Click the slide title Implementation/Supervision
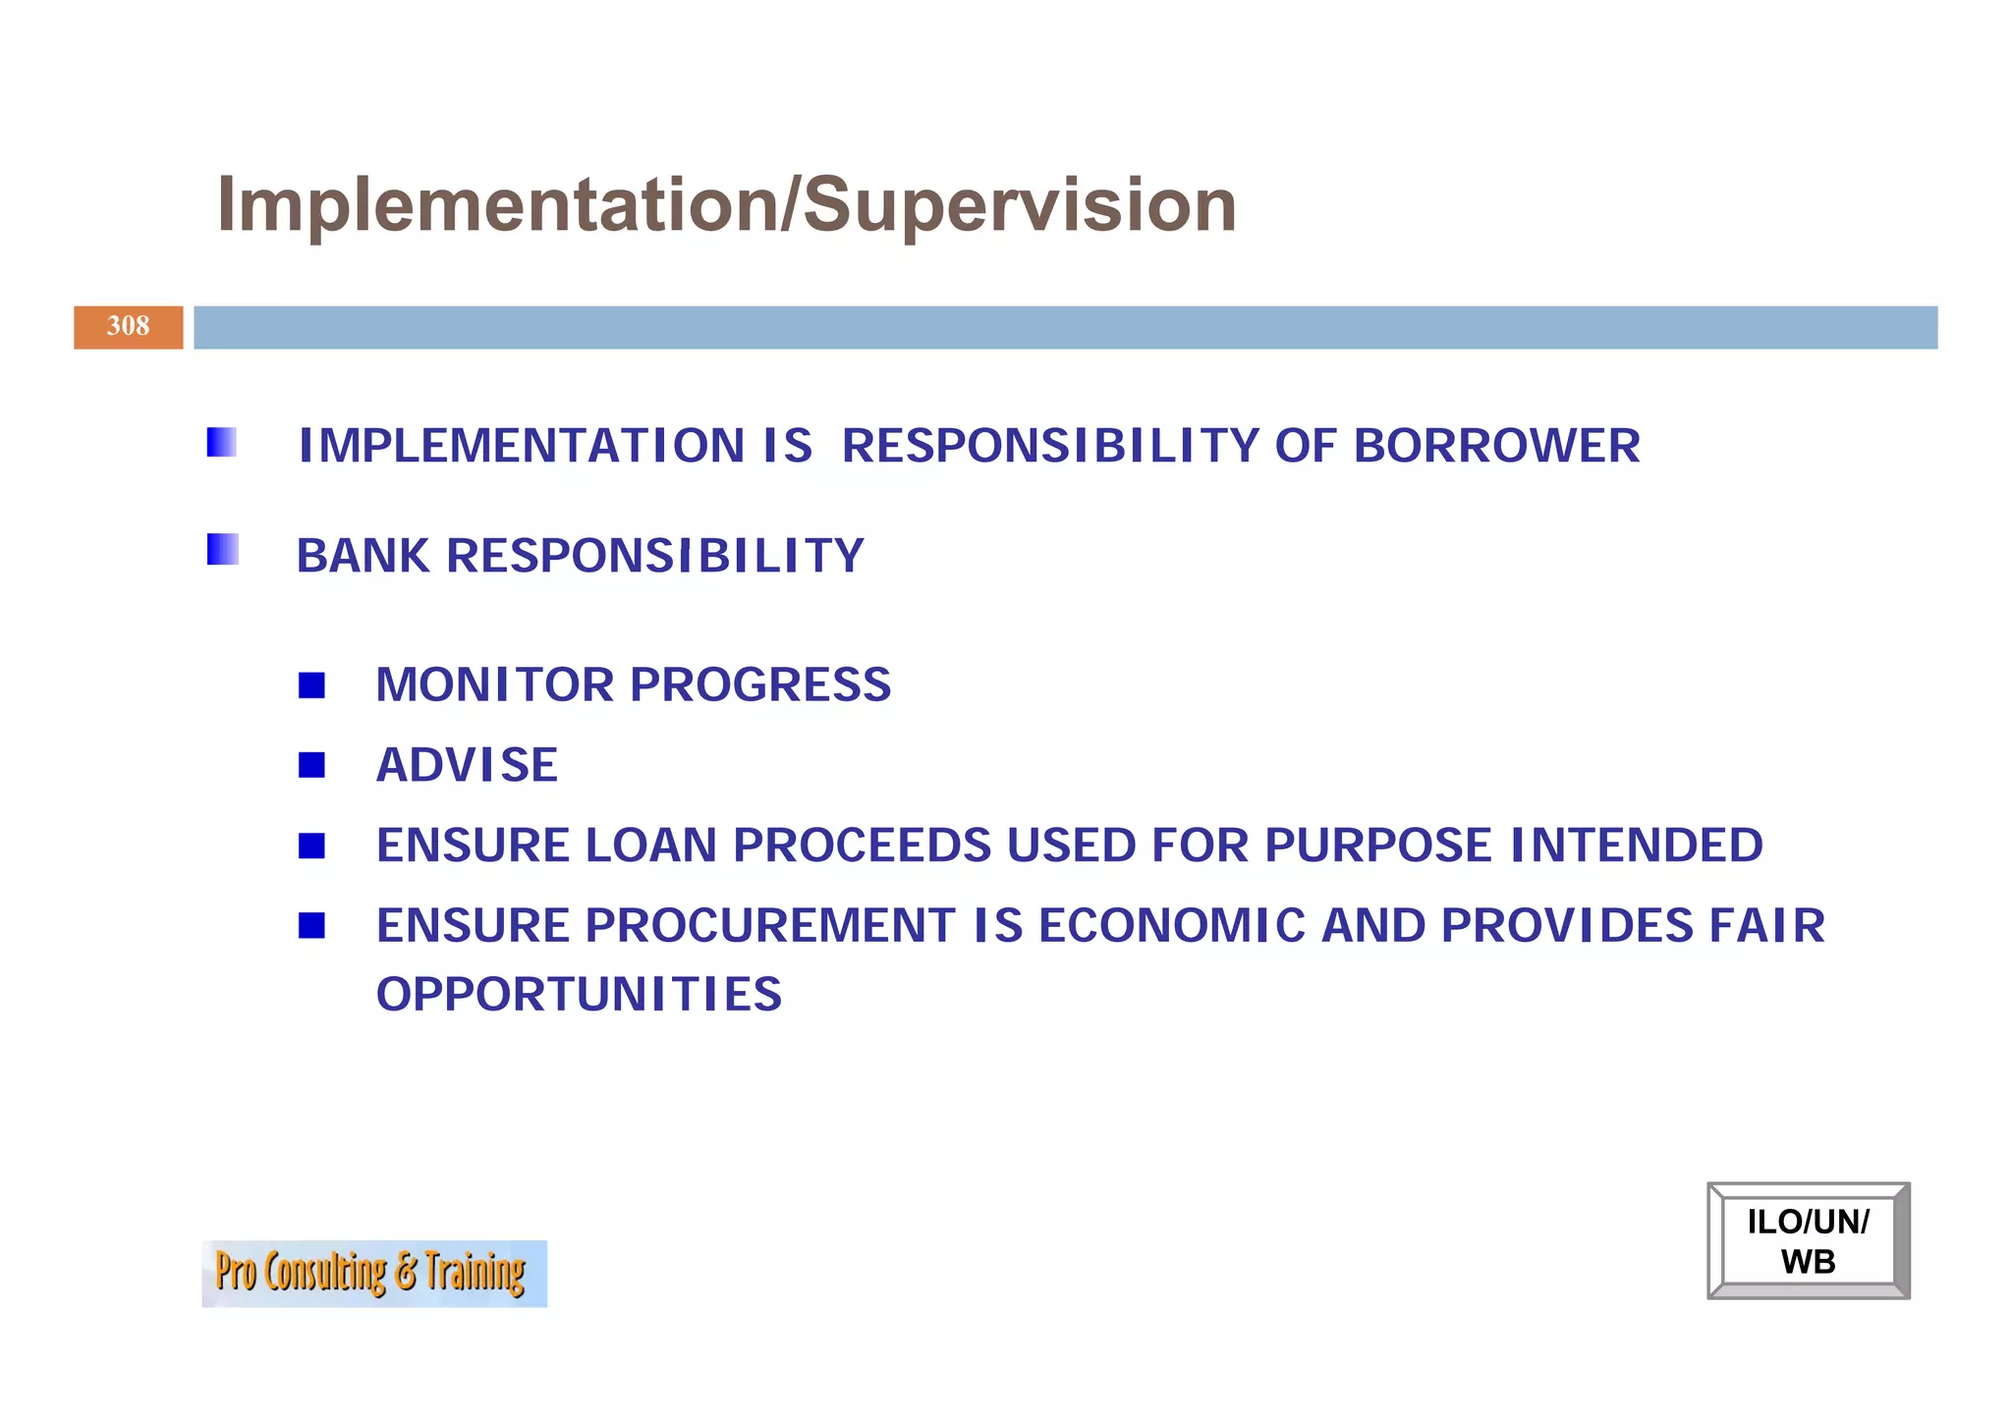(x=726, y=205)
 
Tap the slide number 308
(x=128, y=326)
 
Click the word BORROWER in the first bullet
(x=1496, y=446)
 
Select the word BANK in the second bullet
(x=363, y=556)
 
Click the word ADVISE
(x=467, y=765)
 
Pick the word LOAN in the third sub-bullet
(x=650, y=846)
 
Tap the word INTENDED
(x=1636, y=846)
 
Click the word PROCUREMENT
(x=770, y=926)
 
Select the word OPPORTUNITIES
(x=579, y=995)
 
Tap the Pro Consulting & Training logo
(x=373, y=1273)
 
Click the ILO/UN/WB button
(x=1808, y=1240)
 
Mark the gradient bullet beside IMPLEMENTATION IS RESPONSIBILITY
(x=222, y=443)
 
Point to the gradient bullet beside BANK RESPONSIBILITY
(x=222, y=549)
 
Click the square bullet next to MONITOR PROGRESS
(x=311, y=684)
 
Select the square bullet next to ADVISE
(x=311, y=764)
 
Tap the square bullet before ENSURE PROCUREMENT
(x=311, y=925)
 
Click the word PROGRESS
(x=759, y=684)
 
